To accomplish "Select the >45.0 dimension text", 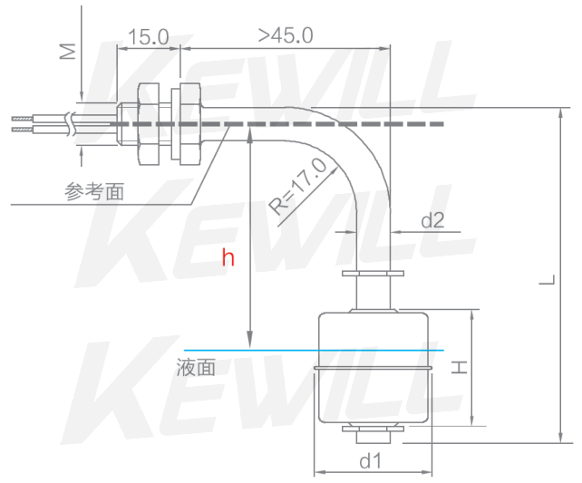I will [x=286, y=35].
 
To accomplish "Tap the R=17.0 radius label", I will [x=298, y=186].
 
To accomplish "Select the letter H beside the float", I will [x=461, y=366].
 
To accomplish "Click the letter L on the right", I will [x=545, y=282].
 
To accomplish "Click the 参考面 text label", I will [x=94, y=191].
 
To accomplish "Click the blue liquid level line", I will [x=254, y=350].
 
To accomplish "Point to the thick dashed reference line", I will [x=299, y=124].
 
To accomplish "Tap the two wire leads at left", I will [x=36, y=124].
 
